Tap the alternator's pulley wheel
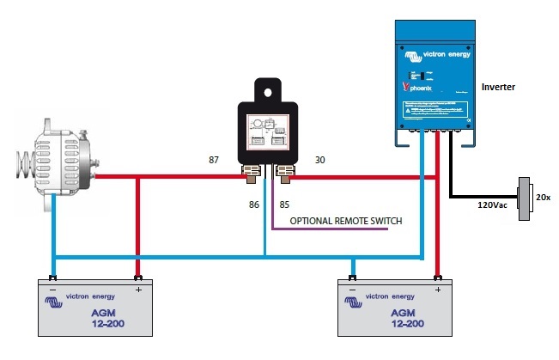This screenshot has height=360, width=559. click(26, 164)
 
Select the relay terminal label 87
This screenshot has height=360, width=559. click(216, 161)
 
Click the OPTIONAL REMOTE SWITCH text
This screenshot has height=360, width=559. click(345, 221)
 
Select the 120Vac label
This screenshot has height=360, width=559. click(495, 206)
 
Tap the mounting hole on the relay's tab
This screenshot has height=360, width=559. click(269, 89)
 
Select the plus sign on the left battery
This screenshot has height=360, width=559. click(137, 291)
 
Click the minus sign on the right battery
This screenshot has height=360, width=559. click(349, 291)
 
